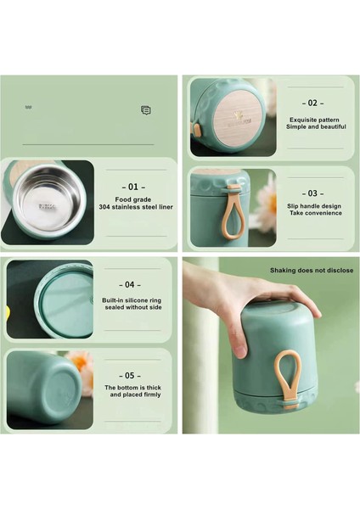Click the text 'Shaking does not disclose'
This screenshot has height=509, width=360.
311,271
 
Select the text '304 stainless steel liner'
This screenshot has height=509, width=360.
136,206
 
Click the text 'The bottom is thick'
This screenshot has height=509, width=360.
132,388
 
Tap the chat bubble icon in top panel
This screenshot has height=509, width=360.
146,110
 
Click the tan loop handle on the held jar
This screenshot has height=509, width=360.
289,378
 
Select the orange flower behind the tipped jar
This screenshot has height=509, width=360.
81,365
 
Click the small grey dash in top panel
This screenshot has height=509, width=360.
28,108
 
